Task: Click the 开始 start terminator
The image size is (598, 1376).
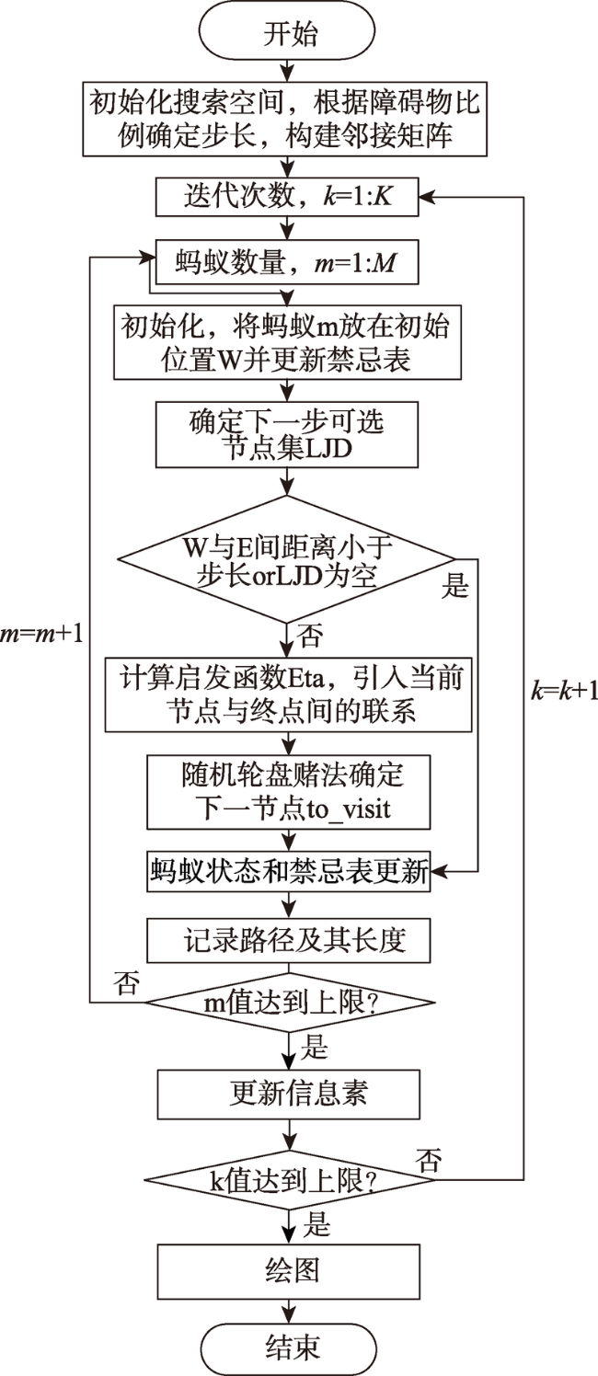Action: [287, 33]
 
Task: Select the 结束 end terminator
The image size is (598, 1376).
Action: [289, 1347]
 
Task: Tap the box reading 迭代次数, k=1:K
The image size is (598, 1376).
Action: [287, 197]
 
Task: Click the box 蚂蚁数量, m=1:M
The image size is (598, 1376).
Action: [287, 262]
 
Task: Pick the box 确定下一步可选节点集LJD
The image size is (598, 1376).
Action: [287, 434]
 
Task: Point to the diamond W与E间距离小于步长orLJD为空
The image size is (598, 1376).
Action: [286, 559]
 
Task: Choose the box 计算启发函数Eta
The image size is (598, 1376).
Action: [288, 694]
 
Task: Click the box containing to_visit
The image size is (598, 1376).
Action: [288, 792]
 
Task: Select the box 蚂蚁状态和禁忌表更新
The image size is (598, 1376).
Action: [288, 871]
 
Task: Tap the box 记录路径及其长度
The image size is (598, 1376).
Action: [288, 940]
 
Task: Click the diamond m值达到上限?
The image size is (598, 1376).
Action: [290, 1003]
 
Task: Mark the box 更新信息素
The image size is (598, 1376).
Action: [289, 1094]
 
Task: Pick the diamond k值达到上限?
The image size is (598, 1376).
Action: [290, 1180]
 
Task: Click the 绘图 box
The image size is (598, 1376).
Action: [289, 1271]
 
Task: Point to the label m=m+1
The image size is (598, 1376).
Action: [41, 634]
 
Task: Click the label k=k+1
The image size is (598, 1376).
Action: [564, 692]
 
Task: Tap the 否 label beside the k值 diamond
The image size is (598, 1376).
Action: [429, 1160]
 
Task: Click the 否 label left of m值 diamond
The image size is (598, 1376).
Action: [127, 983]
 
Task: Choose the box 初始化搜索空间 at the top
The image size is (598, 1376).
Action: [284, 119]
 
